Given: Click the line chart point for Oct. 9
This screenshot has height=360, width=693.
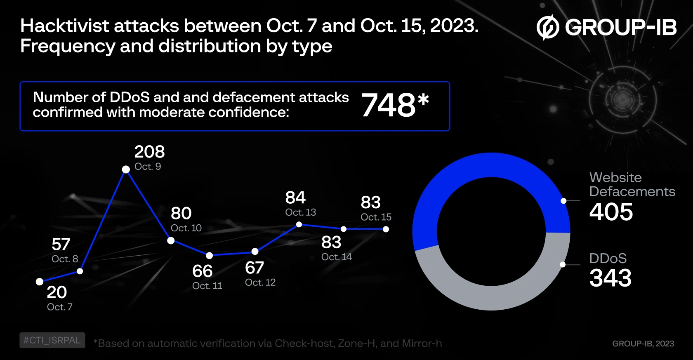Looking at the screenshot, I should point(126,169).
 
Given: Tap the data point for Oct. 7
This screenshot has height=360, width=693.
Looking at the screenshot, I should point(40,282).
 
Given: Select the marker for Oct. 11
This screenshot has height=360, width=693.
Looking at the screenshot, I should point(210,255).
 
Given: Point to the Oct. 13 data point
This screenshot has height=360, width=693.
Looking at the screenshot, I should point(299,225).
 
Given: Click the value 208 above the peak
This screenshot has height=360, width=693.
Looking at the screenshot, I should point(149,152).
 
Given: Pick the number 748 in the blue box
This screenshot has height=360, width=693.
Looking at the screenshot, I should point(389,105).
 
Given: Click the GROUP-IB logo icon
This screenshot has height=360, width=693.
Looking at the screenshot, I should point(547,27).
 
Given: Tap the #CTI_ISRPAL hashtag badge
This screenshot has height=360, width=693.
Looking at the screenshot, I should point(52,340).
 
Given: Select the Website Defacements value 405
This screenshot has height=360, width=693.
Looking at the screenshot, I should point(611,212).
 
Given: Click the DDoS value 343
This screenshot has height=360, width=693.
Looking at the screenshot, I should point(610,278).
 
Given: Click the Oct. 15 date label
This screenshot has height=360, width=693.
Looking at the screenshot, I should point(376,217).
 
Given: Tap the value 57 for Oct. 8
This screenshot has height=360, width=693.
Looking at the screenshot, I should point(61,245).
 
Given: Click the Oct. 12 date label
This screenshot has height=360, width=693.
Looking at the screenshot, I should point(260,282).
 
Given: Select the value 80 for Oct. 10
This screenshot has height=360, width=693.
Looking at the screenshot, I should point(181,213).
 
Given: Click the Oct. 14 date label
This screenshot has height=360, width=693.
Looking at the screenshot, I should point(337,257).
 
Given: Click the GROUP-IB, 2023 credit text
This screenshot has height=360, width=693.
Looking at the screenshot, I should point(643,344).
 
